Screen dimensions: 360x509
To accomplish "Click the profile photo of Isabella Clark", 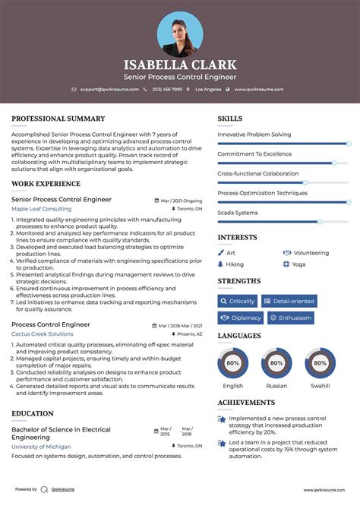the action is pyautogui.click(x=180, y=33).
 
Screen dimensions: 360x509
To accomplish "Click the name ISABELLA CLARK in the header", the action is pyautogui.click(x=180, y=65).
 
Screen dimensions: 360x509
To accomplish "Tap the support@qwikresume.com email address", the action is pyautogui.click(x=109, y=89).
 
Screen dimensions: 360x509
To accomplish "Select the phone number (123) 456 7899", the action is pyautogui.click(x=166, y=89).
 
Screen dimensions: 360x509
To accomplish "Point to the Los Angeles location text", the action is pyautogui.click(x=208, y=89).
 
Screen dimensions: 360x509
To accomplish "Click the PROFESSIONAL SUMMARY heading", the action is pyautogui.click(x=58, y=119).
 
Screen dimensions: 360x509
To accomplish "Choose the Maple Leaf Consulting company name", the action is pyautogui.click(x=42, y=208).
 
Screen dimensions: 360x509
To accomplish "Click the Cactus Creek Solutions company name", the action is pyautogui.click(x=43, y=334).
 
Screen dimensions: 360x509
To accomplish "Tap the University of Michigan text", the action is pyautogui.click(x=43, y=447).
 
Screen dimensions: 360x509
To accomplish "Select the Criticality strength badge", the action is pyautogui.click(x=238, y=301).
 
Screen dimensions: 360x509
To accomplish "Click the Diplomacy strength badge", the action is pyautogui.click(x=241, y=318).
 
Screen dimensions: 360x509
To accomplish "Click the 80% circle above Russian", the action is pyautogui.click(x=276, y=363).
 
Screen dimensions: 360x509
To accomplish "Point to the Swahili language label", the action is pyautogui.click(x=320, y=385).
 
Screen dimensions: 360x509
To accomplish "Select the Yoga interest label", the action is pyautogui.click(x=298, y=264).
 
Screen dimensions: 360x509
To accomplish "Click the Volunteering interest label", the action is pyautogui.click(x=311, y=252).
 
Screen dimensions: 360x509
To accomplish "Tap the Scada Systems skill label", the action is pyautogui.click(x=238, y=213).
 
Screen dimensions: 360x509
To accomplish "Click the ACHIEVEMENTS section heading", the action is pyautogui.click(x=246, y=403).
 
